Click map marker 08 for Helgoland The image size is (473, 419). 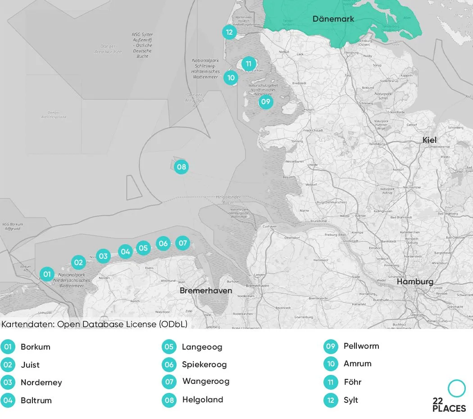(x=181, y=167)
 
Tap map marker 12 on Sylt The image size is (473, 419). (x=229, y=32)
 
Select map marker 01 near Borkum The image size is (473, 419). (x=47, y=273)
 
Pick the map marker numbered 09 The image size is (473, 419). (x=266, y=102)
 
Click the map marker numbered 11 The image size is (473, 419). (x=249, y=64)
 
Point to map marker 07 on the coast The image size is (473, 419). (x=182, y=243)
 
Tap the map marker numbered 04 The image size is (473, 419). (x=125, y=251)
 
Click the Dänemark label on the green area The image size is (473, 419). (x=333, y=19)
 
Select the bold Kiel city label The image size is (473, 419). (x=429, y=140)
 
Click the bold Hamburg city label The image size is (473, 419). (x=415, y=282)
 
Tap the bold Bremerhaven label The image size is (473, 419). (x=206, y=291)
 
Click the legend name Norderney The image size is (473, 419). (x=41, y=383)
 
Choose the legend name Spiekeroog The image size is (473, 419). (x=204, y=364)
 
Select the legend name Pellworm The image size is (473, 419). (x=361, y=346)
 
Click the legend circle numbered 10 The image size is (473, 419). (x=331, y=364)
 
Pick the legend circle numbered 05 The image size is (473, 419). (x=169, y=347)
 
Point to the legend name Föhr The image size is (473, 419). (x=352, y=382)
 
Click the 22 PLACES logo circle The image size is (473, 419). (x=456, y=388)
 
